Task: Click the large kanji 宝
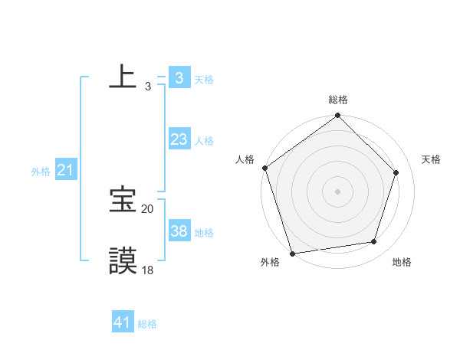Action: click(x=123, y=200)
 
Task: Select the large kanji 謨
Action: click(x=123, y=260)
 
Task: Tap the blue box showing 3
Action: click(x=179, y=78)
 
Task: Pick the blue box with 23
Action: click(x=179, y=139)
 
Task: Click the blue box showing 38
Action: click(x=179, y=231)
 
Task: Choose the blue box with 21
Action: click(x=64, y=170)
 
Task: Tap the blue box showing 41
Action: click(x=122, y=322)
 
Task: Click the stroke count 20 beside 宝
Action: click(x=147, y=208)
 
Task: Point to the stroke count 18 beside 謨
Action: click(x=147, y=270)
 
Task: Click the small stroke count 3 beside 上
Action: click(x=147, y=87)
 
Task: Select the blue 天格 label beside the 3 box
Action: click(x=204, y=79)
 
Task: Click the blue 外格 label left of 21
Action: click(x=41, y=172)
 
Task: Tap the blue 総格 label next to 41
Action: click(x=147, y=324)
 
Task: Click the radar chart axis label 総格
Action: click(x=338, y=100)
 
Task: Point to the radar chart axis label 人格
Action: click(x=245, y=159)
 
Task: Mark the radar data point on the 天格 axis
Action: click(x=396, y=172)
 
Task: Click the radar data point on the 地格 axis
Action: click(x=374, y=241)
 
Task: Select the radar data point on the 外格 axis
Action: click(x=293, y=253)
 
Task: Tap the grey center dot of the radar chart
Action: click(x=337, y=191)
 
